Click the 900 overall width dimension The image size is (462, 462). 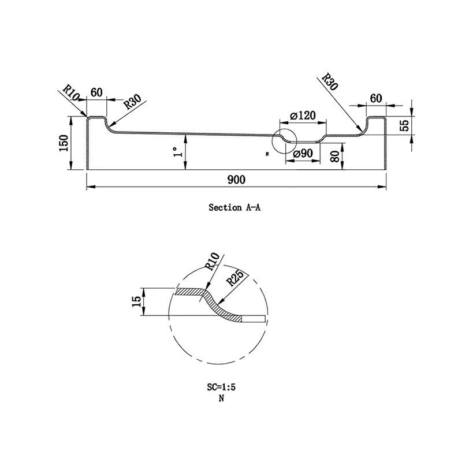[236, 180]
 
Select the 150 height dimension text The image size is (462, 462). [64, 143]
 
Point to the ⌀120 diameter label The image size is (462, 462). [303, 116]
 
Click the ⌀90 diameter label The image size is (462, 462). [303, 154]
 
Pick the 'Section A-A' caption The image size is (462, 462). [234, 207]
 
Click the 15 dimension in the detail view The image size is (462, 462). [137, 302]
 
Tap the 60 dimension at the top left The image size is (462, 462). [96, 92]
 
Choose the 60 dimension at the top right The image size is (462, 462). [376, 98]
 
